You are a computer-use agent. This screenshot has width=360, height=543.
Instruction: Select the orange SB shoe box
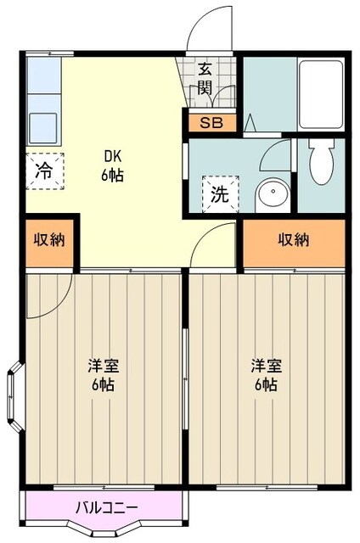coord(211,122)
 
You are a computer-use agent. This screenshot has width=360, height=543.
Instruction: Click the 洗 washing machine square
coord(219,193)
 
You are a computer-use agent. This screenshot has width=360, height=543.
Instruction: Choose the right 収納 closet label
coord(294,240)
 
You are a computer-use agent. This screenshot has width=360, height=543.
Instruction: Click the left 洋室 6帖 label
coord(104,374)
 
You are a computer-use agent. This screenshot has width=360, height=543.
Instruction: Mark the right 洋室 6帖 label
coord(265,374)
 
